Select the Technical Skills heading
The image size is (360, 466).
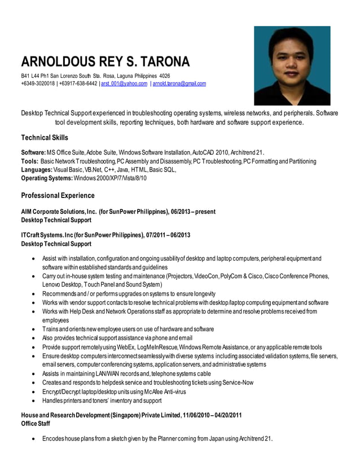(45, 138)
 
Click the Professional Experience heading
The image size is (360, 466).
(58, 196)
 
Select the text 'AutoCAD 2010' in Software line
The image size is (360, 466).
(210, 153)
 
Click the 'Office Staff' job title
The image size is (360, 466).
(37, 423)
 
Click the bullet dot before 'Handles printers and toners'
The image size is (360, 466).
(36, 401)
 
